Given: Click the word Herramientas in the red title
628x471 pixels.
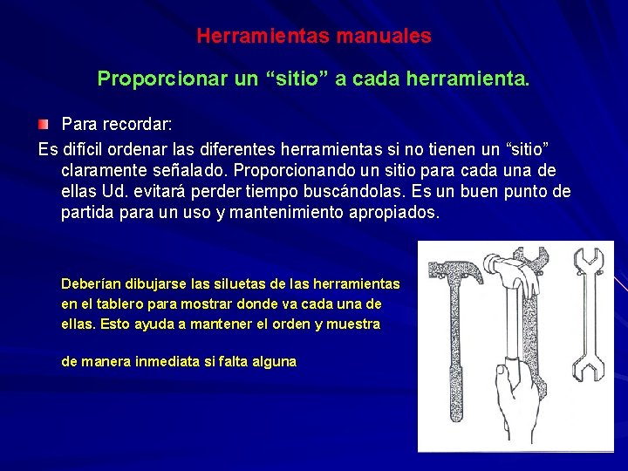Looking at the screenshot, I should (249, 37).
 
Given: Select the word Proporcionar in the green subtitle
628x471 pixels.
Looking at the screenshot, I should (164, 79).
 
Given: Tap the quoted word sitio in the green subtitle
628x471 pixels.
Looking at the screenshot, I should (297, 79).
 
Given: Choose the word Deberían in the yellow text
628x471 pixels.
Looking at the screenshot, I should (92, 283).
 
